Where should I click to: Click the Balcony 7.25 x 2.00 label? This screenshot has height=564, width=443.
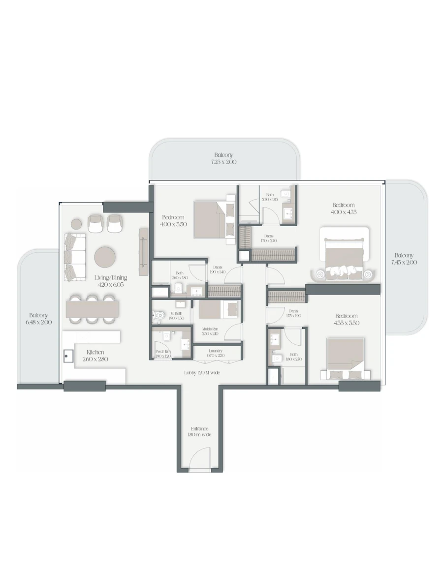[x=223, y=158]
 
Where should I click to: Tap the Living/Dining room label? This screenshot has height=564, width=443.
[x=110, y=281]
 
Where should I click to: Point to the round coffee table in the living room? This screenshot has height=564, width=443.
[x=105, y=257]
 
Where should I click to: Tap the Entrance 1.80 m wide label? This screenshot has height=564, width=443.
[x=199, y=432]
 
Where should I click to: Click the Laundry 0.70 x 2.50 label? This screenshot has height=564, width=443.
[x=216, y=353]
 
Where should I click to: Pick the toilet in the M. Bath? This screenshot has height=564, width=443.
[x=159, y=315]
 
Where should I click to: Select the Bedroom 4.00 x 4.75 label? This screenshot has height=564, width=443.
[x=344, y=208]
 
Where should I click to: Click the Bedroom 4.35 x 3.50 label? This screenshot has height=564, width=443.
[x=347, y=319]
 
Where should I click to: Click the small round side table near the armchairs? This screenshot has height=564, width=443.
[x=76, y=224]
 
